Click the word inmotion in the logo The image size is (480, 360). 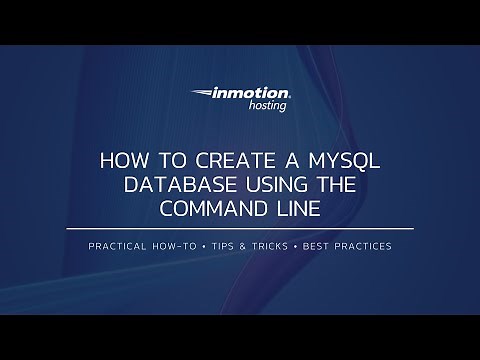250,95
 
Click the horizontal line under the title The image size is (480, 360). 240,229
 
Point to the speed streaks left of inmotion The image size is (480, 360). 200,96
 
